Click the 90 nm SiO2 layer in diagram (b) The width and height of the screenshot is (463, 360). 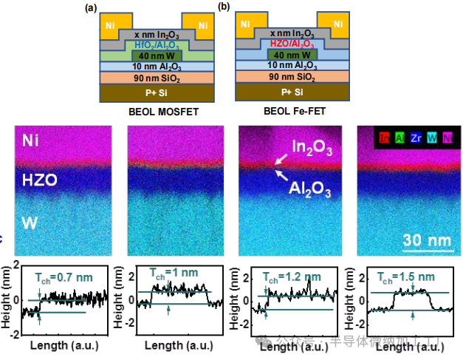click(x=289, y=76)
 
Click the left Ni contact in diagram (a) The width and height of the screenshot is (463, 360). click(x=111, y=26)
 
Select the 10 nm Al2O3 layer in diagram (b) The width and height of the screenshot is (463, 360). click(x=289, y=65)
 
